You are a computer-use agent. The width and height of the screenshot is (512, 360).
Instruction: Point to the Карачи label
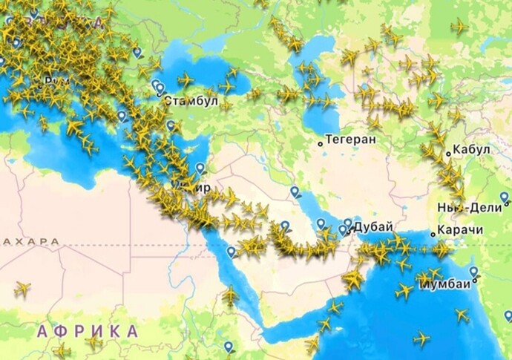(459, 230)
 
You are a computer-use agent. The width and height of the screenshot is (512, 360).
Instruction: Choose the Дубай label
(372, 227)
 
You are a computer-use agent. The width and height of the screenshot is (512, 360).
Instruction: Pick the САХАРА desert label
(30, 242)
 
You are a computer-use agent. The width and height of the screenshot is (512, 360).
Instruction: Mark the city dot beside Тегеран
(321, 142)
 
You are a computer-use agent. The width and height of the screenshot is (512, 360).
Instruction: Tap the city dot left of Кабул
(448, 154)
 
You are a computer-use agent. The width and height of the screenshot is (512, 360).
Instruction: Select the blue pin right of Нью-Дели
(505, 197)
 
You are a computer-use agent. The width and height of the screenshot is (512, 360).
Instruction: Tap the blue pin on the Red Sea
(232, 252)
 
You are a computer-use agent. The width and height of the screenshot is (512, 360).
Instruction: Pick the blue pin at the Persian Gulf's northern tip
(295, 192)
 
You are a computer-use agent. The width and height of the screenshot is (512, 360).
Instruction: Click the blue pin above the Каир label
(200, 168)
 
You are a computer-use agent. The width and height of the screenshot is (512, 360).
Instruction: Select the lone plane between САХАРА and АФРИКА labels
(22, 289)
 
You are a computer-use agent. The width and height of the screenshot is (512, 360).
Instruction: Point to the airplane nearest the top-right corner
(459, 27)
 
